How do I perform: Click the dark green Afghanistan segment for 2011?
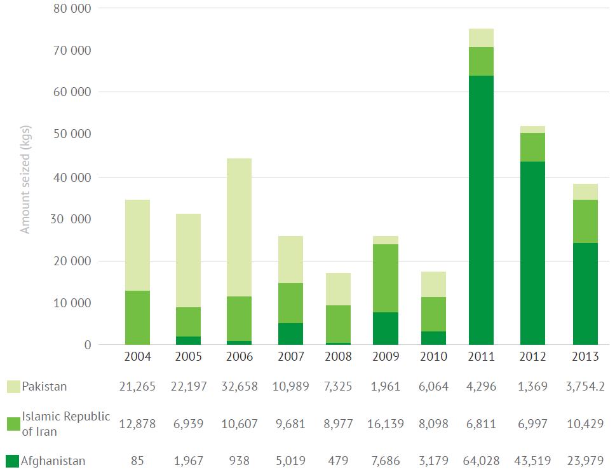pyautogui.click(x=481, y=210)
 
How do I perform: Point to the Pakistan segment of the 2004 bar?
pyautogui.click(x=137, y=245)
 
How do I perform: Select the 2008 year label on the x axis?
pyautogui.click(x=337, y=357)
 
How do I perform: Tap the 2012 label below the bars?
pyautogui.click(x=532, y=357)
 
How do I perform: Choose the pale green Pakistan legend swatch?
pyautogui.click(x=13, y=387)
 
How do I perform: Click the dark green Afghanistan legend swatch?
pyautogui.click(x=13, y=461)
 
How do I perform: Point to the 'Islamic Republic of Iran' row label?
pyautogui.click(x=66, y=424)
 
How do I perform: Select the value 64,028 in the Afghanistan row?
pyautogui.click(x=481, y=461)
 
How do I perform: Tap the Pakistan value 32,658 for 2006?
pyautogui.click(x=239, y=387)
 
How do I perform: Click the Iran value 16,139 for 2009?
pyautogui.click(x=385, y=424)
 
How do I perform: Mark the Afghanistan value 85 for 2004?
pyautogui.click(x=137, y=461)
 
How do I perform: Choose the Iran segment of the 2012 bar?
pyautogui.click(x=532, y=147)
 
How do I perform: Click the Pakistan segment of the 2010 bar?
pyautogui.click(x=433, y=284)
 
